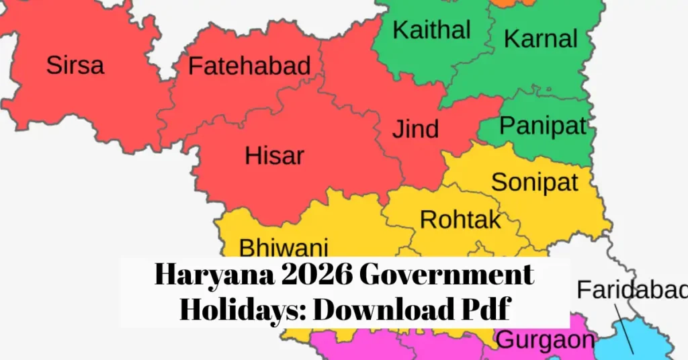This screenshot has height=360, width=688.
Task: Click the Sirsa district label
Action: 75,65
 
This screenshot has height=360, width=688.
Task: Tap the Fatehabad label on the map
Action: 249,66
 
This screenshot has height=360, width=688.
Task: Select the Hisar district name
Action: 274,156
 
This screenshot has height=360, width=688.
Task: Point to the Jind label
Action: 416,128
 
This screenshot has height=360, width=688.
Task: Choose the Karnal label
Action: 540,38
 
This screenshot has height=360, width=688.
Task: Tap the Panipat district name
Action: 543,125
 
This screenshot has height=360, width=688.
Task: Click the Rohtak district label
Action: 460,219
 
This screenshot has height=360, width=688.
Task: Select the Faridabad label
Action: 632,290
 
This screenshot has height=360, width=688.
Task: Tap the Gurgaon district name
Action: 545,339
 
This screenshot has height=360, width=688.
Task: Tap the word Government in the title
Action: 449,276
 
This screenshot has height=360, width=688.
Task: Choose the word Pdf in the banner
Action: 484,310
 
